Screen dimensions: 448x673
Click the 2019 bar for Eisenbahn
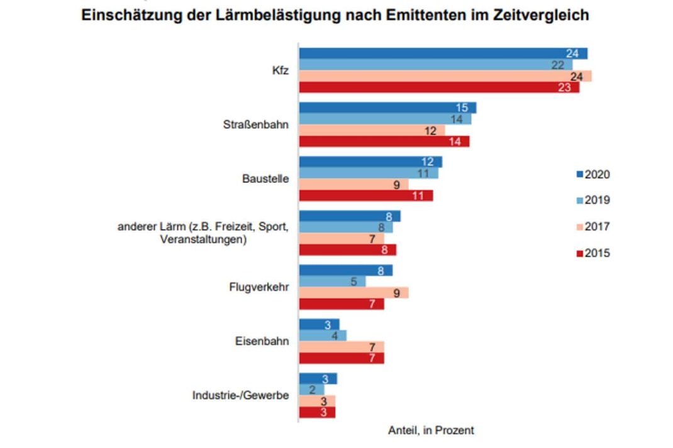[323, 336]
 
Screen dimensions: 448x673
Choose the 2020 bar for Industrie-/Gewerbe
[318, 378]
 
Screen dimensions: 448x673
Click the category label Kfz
[280, 71]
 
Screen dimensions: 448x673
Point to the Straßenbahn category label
[256, 124]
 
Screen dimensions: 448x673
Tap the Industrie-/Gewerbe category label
[241, 396]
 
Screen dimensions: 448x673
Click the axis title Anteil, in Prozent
[431, 430]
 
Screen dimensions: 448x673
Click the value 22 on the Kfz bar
[557, 65]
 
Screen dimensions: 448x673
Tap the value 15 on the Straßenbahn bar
[462, 108]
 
